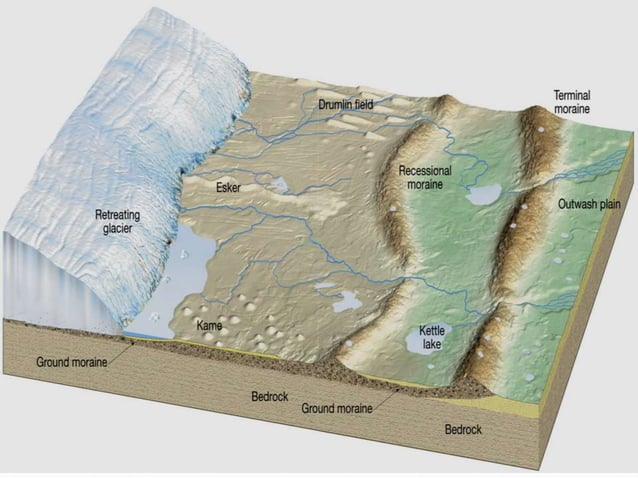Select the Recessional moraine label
pyautogui.click(x=424, y=177)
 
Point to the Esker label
pyautogui.click(x=228, y=187)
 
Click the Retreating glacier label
pyautogui.click(x=119, y=221)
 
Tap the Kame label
pyautogui.click(x=209, y=325)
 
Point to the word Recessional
pyautogui.click(x=425, y=171)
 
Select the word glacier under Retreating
pyautogui.click(x=119, y=228)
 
